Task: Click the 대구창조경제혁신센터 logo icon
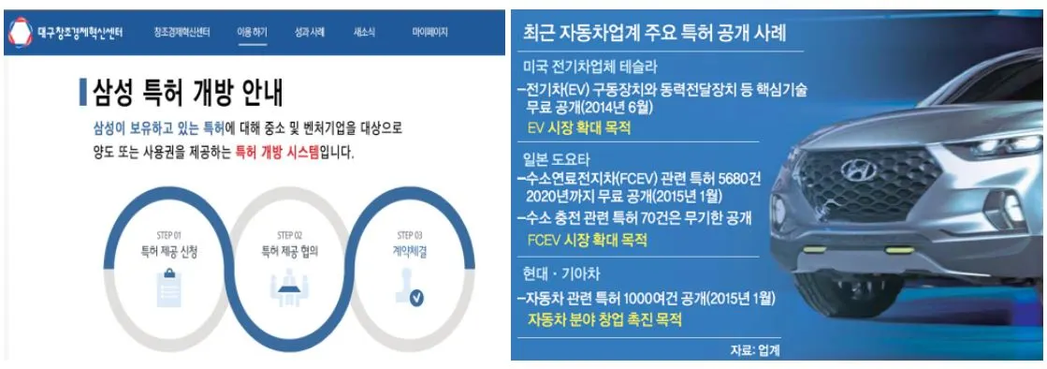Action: [21, 33]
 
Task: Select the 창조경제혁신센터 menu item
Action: [182, 33]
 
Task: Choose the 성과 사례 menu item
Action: [311, 33]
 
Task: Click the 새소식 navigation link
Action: [365, 33]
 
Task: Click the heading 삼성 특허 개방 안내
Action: [187, 93]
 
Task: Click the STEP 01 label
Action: [170, 235]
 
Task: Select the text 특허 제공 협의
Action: [290, 251]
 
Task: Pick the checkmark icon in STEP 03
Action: [416, 298]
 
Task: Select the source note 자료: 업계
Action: [756, 349]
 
